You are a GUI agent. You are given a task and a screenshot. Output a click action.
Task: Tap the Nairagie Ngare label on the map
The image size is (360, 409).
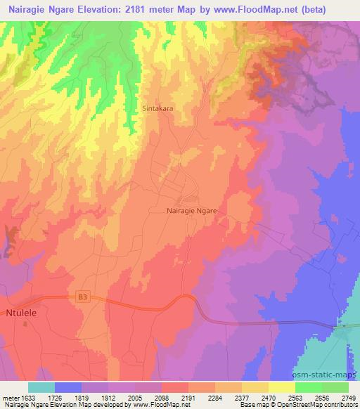(x=193, y=210)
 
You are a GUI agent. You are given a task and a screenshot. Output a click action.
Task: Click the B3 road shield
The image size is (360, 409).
(x=83, y=298)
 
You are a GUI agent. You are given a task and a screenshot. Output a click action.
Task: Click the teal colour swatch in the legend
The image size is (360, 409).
(x=41, y=387)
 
